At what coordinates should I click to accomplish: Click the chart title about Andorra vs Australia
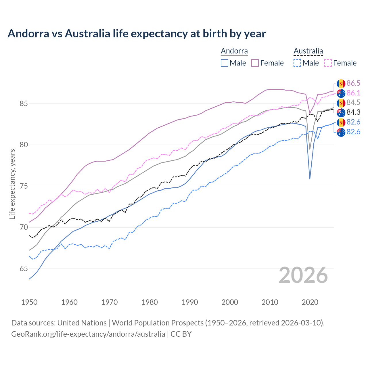137,34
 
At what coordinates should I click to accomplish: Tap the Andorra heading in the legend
234,51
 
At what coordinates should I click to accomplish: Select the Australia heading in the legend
308,51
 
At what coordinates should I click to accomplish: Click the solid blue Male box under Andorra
225,63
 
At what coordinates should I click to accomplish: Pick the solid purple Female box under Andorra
255,63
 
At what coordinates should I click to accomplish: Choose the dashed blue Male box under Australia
297,63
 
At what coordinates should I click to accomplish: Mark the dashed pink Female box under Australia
328,63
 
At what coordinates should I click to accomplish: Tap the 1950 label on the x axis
29,302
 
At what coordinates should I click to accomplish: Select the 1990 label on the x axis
190,302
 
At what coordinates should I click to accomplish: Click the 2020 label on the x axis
310,302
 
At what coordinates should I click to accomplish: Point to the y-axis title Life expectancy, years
12,184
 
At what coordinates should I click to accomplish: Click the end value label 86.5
353,83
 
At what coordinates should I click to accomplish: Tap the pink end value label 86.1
353,93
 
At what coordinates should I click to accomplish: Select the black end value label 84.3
353,112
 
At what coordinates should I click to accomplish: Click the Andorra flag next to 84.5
341,103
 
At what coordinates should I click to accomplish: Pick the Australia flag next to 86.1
341,93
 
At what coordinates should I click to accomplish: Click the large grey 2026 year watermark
303,275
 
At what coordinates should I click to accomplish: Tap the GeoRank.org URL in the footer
88,334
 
